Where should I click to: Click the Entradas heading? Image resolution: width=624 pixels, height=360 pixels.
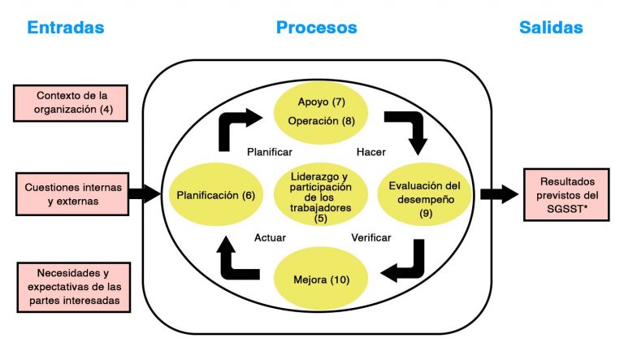click(x=66, y=28)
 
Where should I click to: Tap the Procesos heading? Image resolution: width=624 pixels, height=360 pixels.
click(x=317, y=28)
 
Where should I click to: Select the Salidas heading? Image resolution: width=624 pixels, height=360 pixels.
click(x=551, y=28)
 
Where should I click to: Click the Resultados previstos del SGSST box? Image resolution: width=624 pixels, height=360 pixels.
click(x=567, y=194)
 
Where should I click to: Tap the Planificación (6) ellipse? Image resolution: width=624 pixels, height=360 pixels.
click(x=215, y=195)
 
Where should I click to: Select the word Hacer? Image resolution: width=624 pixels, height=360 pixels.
click(x=370, y=152)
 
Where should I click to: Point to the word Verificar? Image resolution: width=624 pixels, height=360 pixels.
click(x=370, y=238)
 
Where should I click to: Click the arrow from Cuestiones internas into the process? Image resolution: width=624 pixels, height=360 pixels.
click(x=145, y=194)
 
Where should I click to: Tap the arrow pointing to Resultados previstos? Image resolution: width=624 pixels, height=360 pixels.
click(x=498, y=194)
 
